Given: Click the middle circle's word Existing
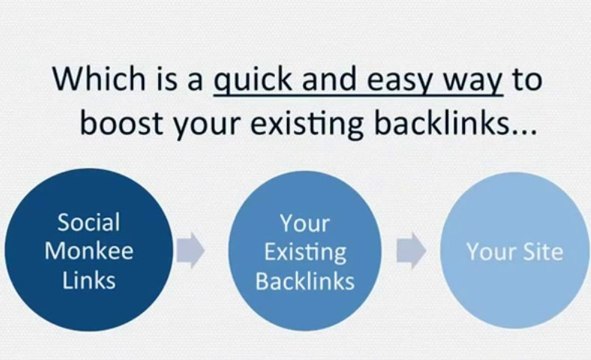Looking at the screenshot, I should pos(305,250).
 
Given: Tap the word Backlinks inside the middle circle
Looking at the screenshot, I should pos(305,280).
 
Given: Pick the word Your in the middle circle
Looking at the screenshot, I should pos(305,221).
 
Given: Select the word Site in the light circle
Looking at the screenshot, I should pos(541,251).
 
